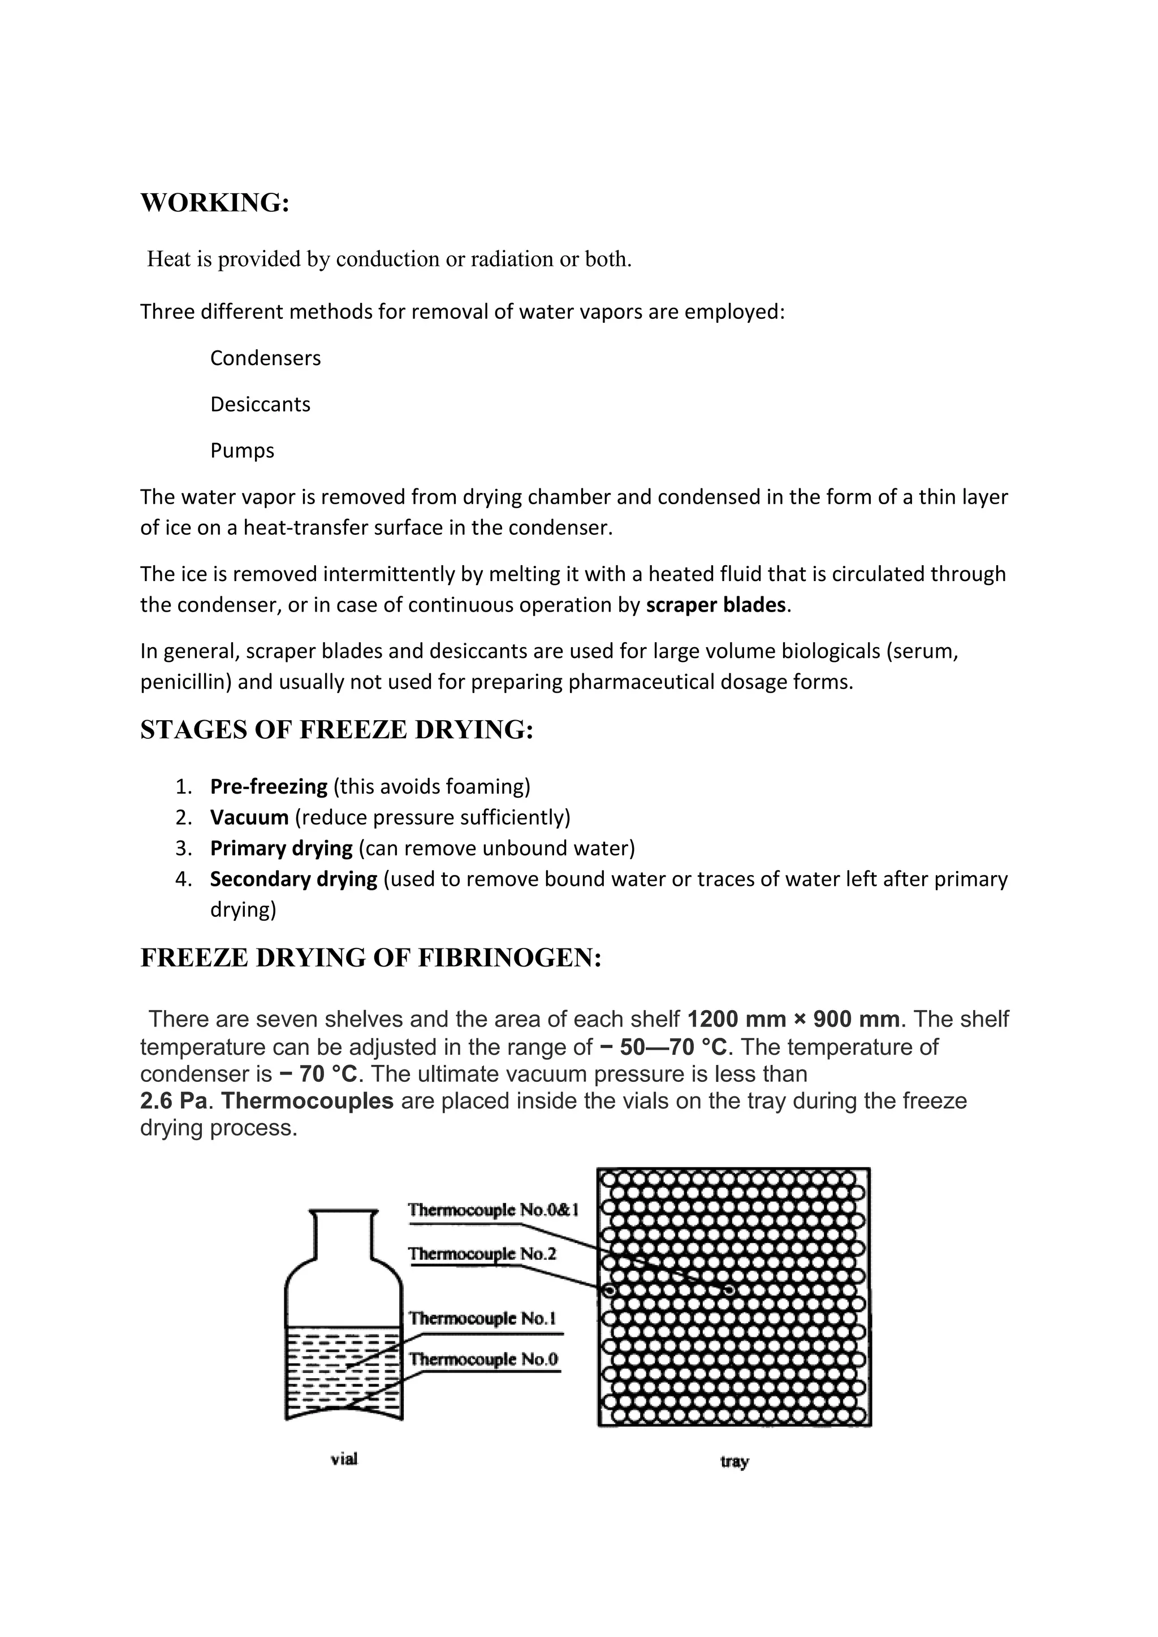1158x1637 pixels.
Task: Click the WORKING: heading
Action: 215,203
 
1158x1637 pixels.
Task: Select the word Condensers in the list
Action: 265,358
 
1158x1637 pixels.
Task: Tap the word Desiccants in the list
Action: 260,404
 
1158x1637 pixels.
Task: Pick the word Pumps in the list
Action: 242,451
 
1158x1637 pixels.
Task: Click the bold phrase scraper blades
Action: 715,605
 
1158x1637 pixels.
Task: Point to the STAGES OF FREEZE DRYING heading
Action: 336,730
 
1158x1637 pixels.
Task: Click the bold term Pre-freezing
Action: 268,786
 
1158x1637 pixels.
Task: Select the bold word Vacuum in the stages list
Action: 249,817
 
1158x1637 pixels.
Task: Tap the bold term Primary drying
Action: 281,848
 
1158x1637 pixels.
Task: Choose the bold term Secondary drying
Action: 293,879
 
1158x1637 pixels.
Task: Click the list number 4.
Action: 183,879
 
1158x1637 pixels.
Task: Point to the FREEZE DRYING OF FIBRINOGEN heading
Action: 371,958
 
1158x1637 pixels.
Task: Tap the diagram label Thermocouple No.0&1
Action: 492,1210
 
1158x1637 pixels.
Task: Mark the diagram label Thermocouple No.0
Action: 483,1359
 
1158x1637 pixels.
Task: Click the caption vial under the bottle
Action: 344,1460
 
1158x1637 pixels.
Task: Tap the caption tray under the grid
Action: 734,1462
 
